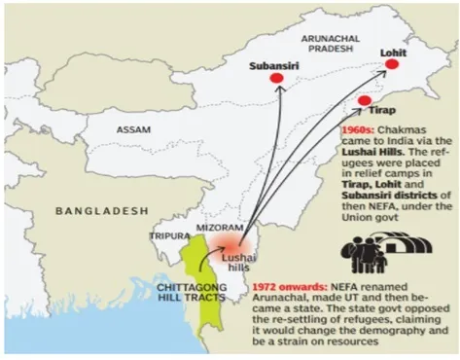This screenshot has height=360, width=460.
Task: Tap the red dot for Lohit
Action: pos(392,64)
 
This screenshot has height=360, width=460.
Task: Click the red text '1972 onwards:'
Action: pos(289,288)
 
